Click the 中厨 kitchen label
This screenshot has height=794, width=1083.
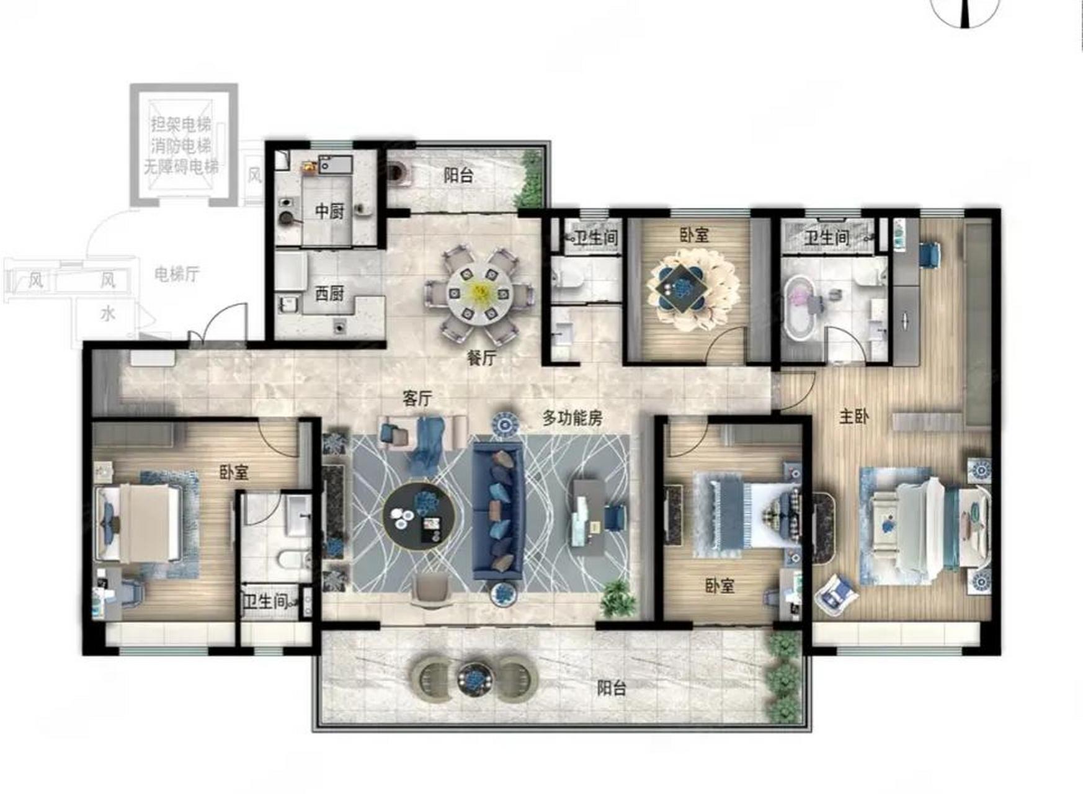[x=329, y=212]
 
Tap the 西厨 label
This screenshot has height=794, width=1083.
[x=329, y=293]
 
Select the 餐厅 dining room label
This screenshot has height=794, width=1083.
[x=481, y=358]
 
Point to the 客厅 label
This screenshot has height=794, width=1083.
[x=417, y=398]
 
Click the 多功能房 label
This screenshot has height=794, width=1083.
[x=572, y=418]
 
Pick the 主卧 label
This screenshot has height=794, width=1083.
[x=853, y=416]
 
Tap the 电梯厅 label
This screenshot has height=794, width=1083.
[x=177, y=274]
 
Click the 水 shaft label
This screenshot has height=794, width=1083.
[x=108, y=314]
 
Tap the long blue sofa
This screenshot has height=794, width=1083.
[x=498, y=511]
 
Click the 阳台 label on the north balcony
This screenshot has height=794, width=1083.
[x=458, y=176]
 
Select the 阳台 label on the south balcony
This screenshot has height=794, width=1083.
[x=612, y=688]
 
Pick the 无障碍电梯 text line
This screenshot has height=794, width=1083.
[x=181, y=167]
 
